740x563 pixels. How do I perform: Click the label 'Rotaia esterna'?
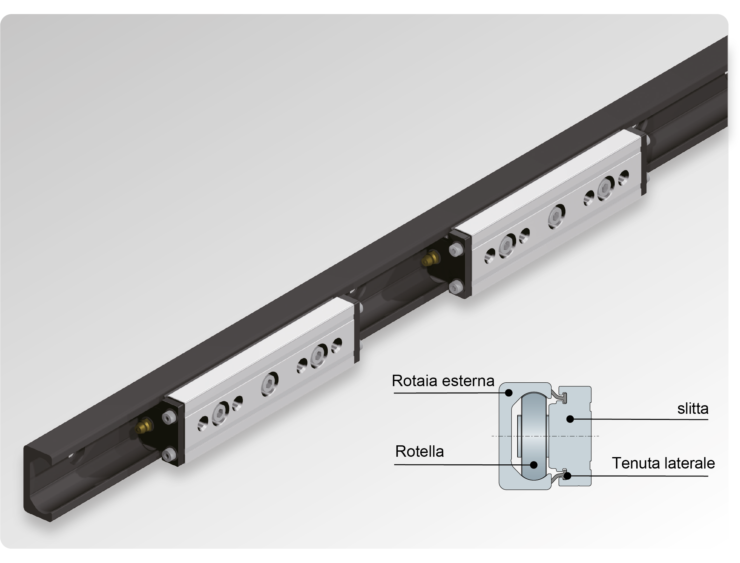(443, 381)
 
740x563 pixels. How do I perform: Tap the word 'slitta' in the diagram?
(693, 408)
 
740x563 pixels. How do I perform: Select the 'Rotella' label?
(419, 451)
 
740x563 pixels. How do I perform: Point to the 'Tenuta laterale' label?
(663, 463)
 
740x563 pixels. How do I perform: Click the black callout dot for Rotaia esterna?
(509, 393)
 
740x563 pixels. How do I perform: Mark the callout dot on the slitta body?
(570, 419)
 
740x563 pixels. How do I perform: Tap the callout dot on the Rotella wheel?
(534, 465)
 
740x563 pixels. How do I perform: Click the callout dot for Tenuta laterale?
(567, 475)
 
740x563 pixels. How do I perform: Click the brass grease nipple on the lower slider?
(144, 426)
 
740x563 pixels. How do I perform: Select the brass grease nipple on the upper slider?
(430, 258)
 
